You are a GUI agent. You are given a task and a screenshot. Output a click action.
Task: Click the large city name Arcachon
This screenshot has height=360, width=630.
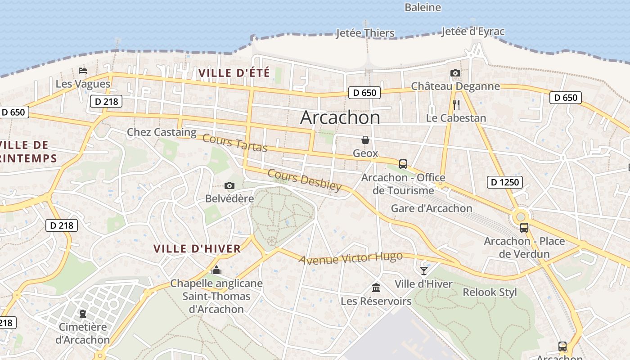click(x=340, y=117)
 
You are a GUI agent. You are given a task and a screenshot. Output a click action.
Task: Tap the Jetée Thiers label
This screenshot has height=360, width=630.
click(x=365, y=33)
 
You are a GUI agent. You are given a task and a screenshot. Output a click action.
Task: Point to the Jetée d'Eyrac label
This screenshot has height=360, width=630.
click(x=472, y=31)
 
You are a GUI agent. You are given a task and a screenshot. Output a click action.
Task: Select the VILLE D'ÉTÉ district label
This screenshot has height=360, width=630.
click(x=234, y=72)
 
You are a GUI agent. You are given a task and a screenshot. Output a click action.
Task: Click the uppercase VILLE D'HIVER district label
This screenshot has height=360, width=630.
click(x=197, y=249)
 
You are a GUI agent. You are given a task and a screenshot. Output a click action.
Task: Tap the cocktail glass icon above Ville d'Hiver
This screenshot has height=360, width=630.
click(x=423, y=270)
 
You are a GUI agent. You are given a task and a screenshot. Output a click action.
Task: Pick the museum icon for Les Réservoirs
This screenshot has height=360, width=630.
click(x=376, y=287)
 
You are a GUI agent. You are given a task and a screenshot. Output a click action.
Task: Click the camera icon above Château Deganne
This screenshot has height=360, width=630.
click(x=455, y=73)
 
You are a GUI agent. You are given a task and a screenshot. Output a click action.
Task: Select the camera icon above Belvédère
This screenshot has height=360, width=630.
click(x=229, y=185)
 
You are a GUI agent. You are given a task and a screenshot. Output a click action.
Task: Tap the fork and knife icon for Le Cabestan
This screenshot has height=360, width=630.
click(x=456, y=105)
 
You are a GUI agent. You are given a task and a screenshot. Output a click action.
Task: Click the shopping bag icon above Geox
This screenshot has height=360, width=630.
click(x=365, y=140)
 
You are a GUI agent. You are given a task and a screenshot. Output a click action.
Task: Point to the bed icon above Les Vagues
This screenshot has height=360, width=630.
click(x=82, y=70)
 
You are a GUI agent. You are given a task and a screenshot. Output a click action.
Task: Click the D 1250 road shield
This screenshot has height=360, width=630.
click(x=504, y=182)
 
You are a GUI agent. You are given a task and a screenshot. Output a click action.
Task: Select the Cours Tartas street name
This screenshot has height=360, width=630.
click(x=234, y=143)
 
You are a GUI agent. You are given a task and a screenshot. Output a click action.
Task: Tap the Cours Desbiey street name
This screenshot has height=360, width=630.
click(x=304, y=180)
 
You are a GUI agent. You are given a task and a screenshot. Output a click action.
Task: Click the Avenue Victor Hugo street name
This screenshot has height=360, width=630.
click(x=350, y=258)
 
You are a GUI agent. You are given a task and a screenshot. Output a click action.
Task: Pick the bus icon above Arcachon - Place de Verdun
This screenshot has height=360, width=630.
click(x=524, y=228)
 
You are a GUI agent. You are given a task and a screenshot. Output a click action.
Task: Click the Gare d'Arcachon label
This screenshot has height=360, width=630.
click(x=431, y=208)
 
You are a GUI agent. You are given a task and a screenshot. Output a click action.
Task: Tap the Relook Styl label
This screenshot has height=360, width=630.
click(x=490, y=292)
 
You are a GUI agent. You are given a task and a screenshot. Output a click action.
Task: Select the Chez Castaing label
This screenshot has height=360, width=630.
click(x=162, y=132)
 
